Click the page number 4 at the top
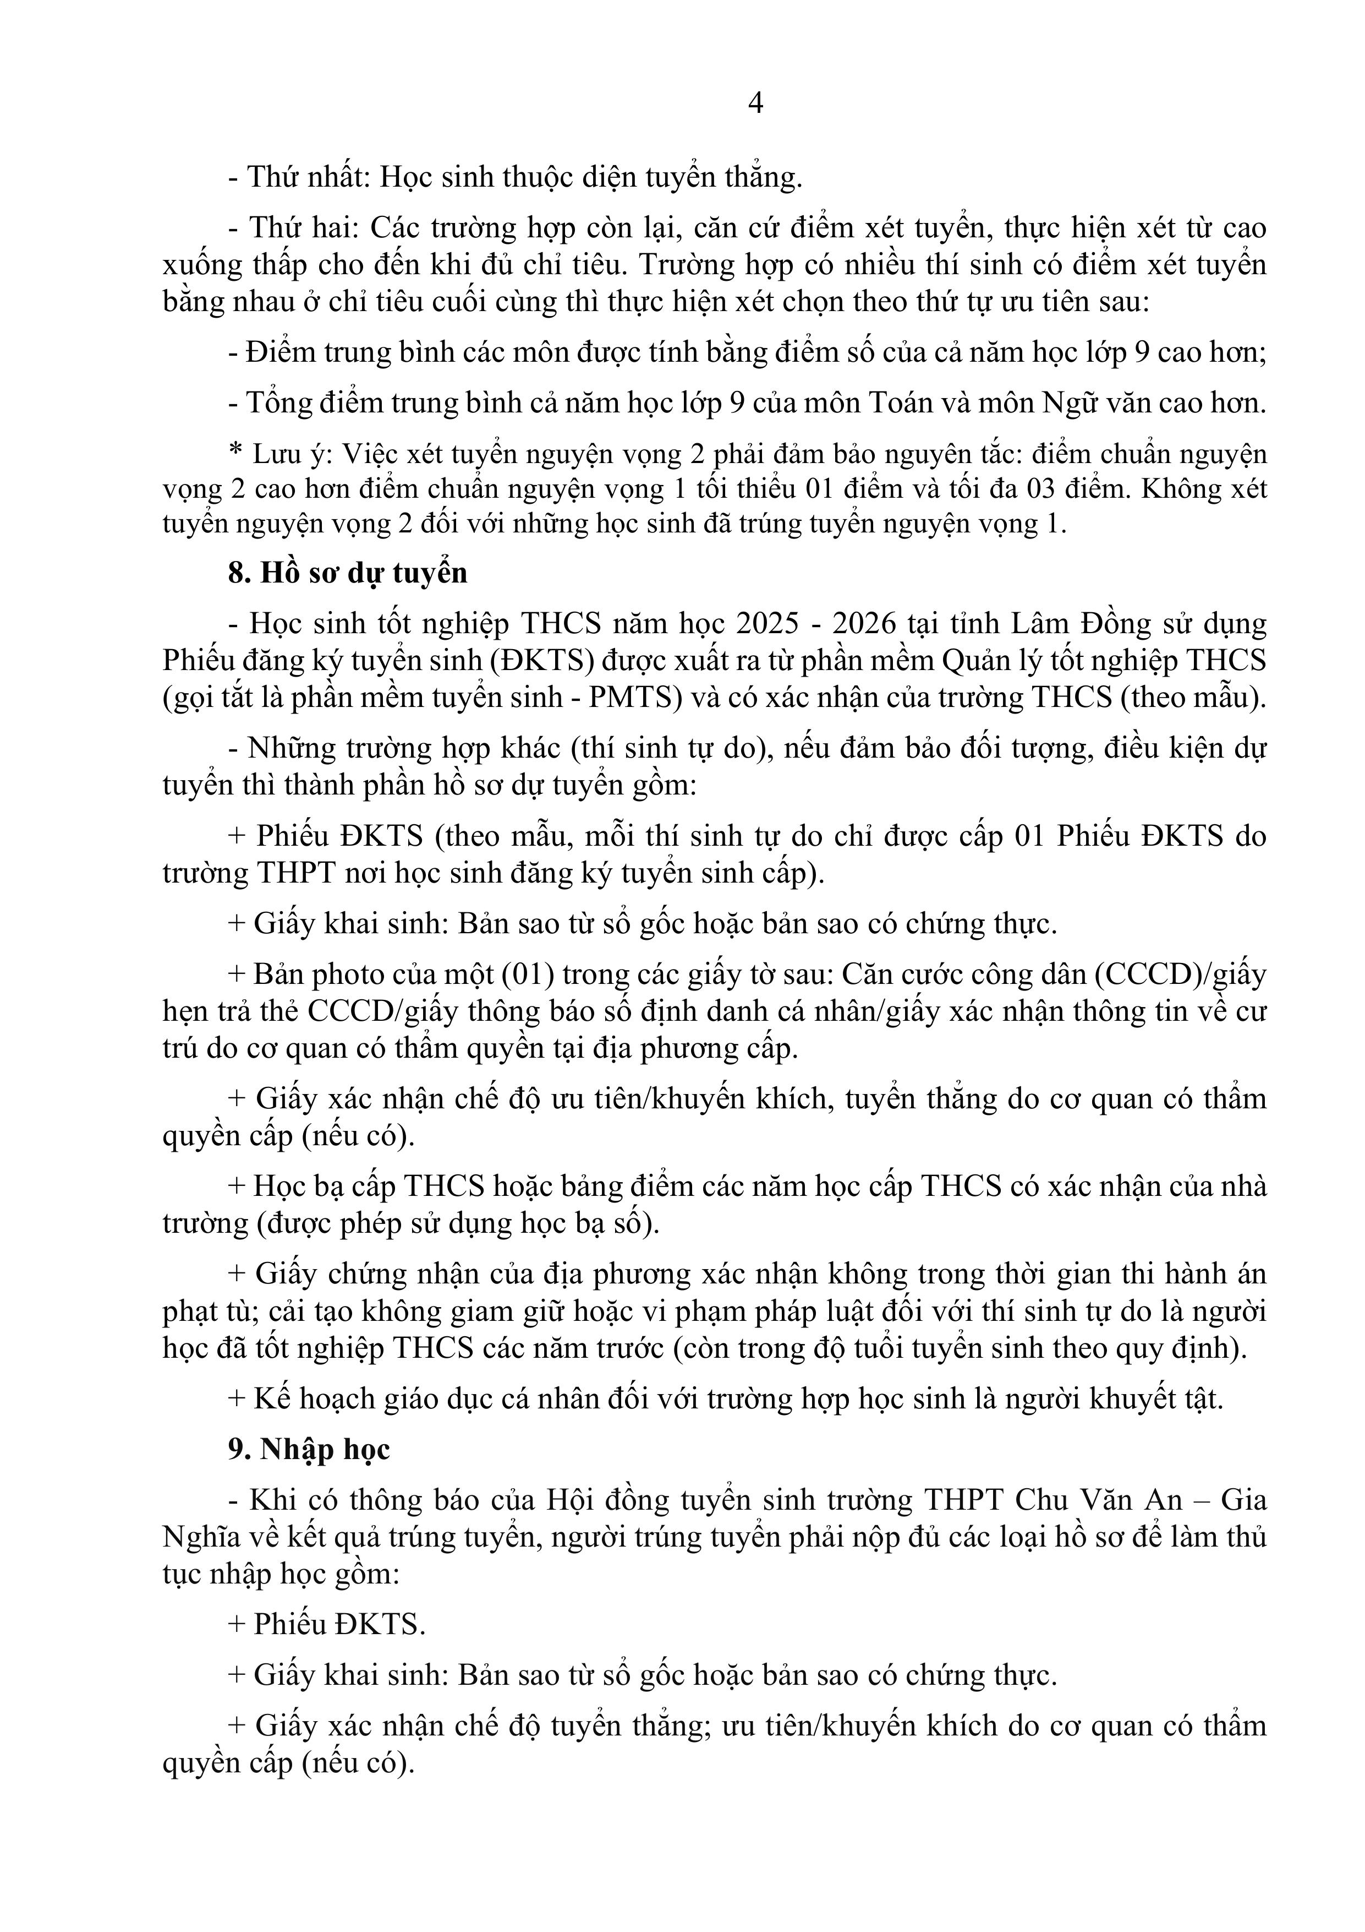click(x=755, y=104)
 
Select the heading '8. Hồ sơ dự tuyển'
click(x=347, y=573)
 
